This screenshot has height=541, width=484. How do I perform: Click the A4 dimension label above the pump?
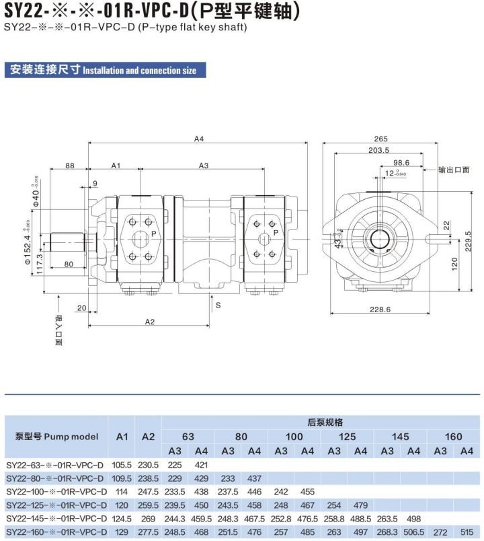(x=198, y=139)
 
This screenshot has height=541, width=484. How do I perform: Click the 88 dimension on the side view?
(x=70, y=166)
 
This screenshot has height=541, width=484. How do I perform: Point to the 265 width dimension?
(x=380, y=139)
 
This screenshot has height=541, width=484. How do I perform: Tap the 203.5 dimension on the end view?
(x=378, y=150)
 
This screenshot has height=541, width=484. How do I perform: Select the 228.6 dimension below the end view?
(x=380, y=310)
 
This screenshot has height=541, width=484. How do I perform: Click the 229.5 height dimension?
(x=468, y=241)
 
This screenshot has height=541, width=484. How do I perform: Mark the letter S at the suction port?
(x=218, y=305)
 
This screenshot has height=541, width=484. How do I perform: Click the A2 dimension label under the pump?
(x=150, y=322)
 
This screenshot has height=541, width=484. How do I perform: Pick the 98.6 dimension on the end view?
(x=401, y=163)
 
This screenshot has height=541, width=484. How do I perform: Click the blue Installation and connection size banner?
(x=105, y=70)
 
